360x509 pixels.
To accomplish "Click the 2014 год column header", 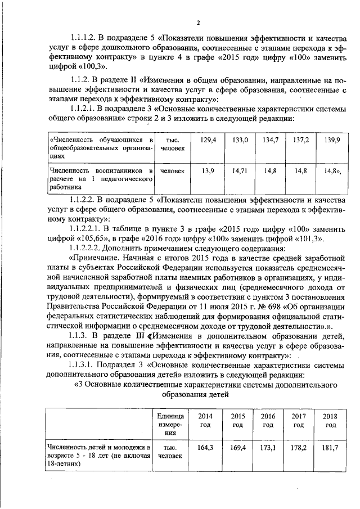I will [x=206, y=420].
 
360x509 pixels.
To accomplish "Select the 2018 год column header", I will [x=330, y=420].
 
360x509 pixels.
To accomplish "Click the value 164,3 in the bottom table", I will [x=206, y=449].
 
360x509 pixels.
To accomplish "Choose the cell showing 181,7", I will [x=330, y=449].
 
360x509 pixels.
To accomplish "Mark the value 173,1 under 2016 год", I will [x=268, y=449].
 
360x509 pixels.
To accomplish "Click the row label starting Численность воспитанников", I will [x=101, y=174].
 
